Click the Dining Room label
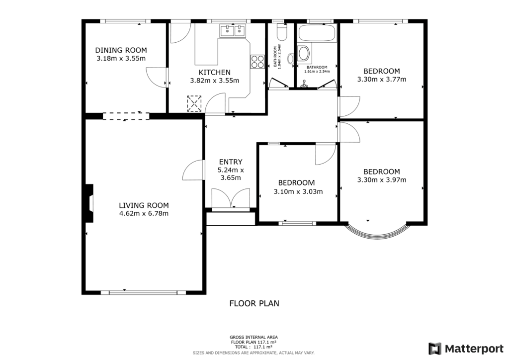pos(121,50)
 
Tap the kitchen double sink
pos(233,31)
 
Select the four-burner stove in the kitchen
pos(257,62)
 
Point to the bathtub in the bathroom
pos(316,34)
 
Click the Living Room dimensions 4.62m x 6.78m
pos(144,214)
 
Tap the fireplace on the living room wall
pos(89,203)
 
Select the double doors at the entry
pos(231,199)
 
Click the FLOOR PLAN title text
pos(254,303)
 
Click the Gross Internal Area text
pos(254,337)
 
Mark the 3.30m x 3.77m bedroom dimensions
pos(381,79)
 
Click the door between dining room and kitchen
pos(157,78)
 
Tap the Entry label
pos(231,162)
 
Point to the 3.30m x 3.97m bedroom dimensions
pos(381,180)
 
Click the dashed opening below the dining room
pos(126,116)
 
